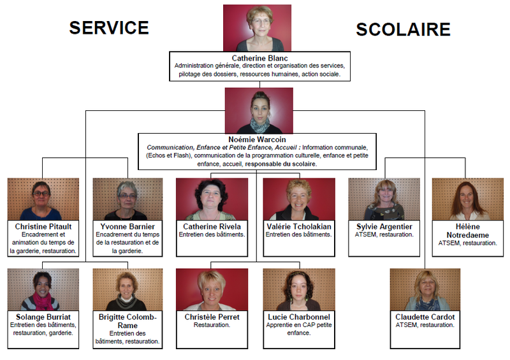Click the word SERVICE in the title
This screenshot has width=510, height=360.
(109, 27)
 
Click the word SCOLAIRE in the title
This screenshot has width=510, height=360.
(403, 29)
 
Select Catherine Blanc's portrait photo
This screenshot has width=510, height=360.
(257, 28)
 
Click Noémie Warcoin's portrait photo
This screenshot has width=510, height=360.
(259, 110)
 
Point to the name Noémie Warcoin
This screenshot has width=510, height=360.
(257, 139)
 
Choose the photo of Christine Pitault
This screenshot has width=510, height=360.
(43, 199)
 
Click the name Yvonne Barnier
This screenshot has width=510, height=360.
(127, 226)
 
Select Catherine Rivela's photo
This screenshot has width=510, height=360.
(212, 199)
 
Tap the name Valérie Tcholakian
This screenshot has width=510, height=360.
(299, 226)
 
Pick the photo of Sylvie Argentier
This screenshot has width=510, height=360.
(384, 199)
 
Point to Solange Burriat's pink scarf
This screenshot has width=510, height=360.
(43, 300)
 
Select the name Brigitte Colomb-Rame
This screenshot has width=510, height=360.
(127, 320)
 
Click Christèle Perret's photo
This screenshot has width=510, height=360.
(212, 289)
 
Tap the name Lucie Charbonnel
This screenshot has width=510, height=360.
(299, 316)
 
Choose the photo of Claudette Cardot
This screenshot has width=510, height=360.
(425, 289)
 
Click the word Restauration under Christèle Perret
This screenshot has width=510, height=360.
(212, 325)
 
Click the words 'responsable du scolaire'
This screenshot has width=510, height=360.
(280, 164)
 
